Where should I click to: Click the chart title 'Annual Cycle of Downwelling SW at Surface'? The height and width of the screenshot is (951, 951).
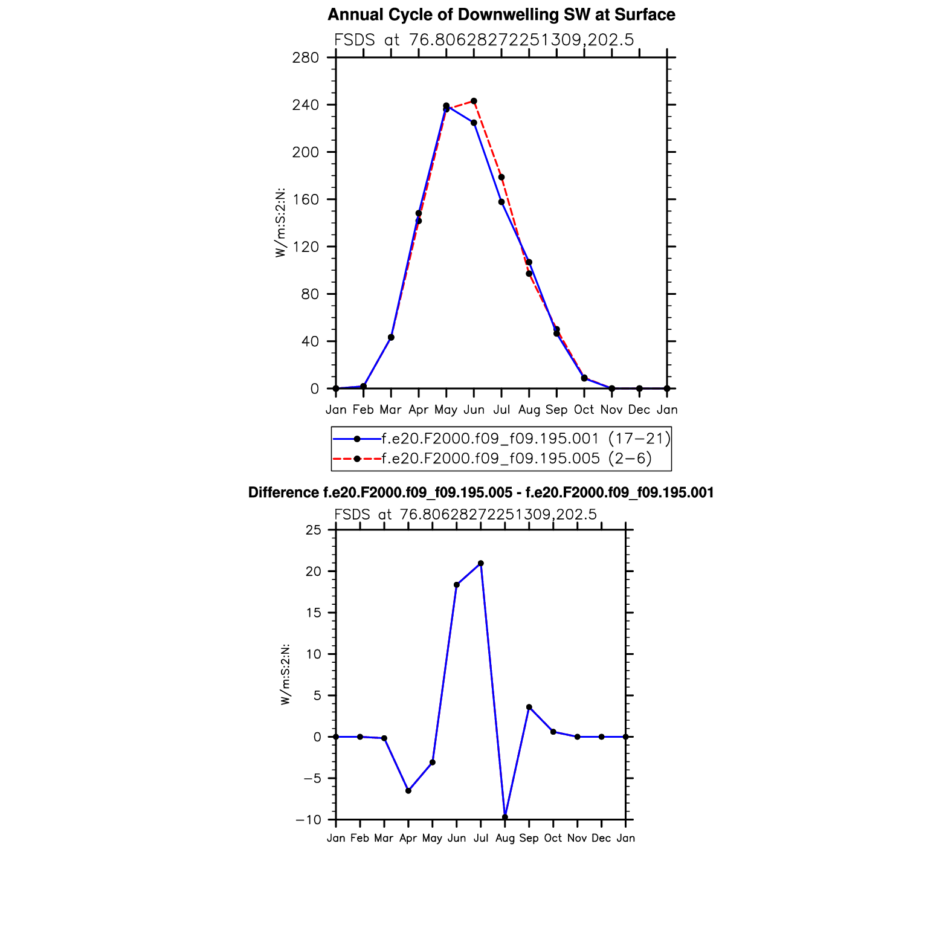(501, 15)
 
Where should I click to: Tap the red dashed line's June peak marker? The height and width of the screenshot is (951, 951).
(474, 101)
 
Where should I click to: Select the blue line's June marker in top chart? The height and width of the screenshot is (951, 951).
(474, 123)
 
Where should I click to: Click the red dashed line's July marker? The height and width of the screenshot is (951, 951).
(501, 177)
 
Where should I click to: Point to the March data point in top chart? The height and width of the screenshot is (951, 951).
(391, 337)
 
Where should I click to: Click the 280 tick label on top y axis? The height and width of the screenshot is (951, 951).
(306, 58)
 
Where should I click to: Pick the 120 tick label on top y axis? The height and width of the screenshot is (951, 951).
(306, 247)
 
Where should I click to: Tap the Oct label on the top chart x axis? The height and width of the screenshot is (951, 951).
(584, 410)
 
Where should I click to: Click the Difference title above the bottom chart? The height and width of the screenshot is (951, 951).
(481, 493)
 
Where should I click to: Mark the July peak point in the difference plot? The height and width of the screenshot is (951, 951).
(481, 563)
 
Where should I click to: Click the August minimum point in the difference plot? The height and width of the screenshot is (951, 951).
(505, 817)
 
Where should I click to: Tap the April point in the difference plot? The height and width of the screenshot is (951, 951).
(408, 790)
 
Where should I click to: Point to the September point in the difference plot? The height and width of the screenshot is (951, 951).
(529, 707)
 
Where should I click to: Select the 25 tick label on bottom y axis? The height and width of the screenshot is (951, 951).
(314, 530)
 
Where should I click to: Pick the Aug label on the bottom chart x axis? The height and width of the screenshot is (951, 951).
(505, 838)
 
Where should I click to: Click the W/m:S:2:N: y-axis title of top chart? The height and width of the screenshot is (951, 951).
(280, 223)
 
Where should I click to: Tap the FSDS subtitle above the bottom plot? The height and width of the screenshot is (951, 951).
(465, 514)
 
